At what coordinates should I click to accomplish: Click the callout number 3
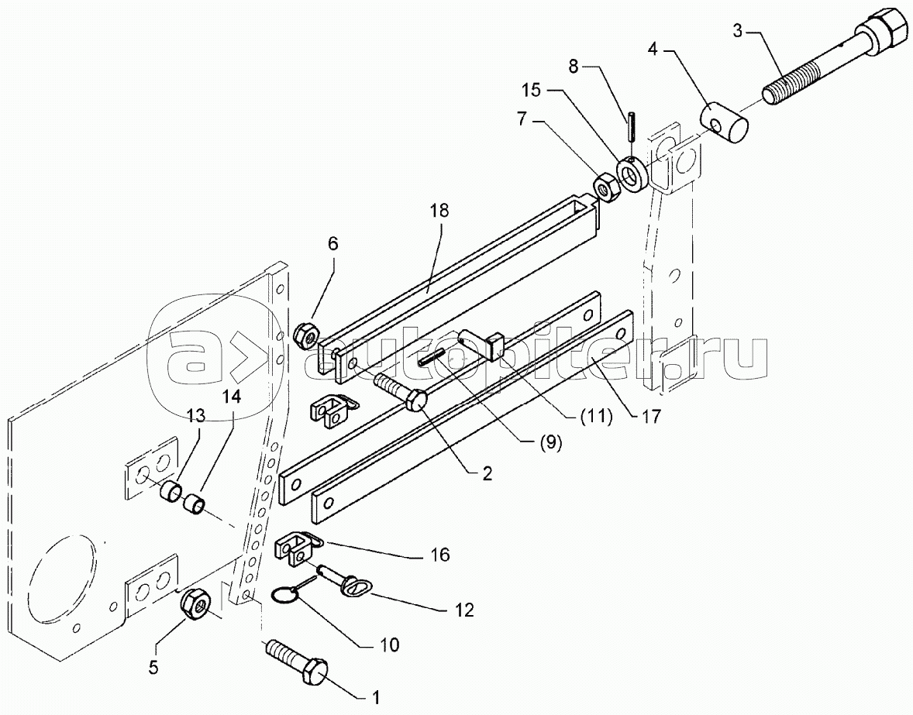coord(738,31)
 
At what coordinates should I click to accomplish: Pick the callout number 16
coord(440,555)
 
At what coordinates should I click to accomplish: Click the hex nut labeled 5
coord(195,607)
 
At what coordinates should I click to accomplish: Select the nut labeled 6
coord(306,335)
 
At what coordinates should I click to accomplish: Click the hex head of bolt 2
coord(418,400)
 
